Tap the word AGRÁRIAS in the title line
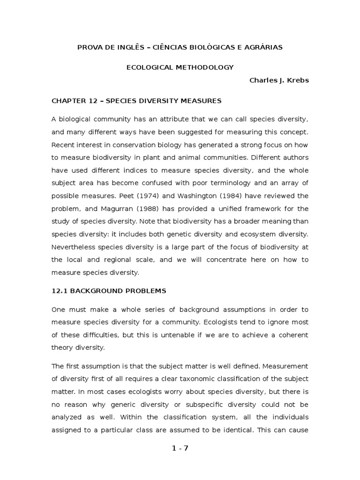[x=263, y=47]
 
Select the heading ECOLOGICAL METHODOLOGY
[x=180, y=67]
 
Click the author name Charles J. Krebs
[x=279, y=80]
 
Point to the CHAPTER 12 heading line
[x=136, y=100]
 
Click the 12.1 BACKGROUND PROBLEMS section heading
[x=109, y=291]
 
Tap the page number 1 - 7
[x=180, y=448]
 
